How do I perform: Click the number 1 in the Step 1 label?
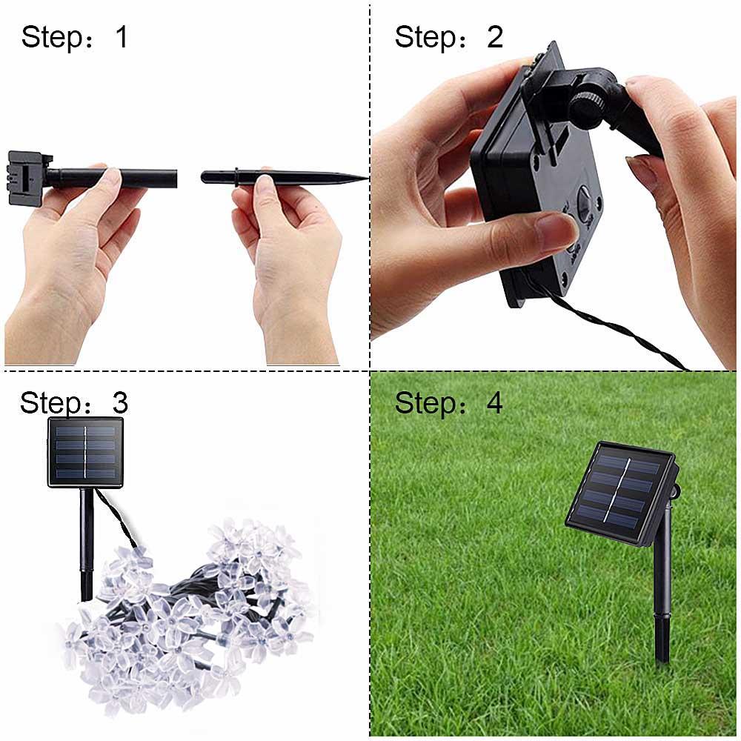tap(122, 36)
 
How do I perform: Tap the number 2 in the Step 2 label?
tap(495, 36)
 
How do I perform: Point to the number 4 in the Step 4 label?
tap(494, 403)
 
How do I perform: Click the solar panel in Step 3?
tap(85, 452)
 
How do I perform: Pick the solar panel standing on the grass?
tap(621, 493)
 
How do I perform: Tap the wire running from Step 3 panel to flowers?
tap(119, 522)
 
